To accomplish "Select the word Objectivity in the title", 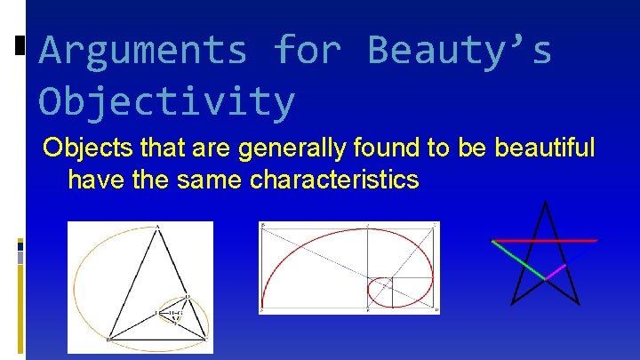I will click(166, 101).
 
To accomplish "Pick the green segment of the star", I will click(521, 260).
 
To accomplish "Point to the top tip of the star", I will click(545, 204).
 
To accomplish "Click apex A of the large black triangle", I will click(158, 228).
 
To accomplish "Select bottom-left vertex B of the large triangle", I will click(108, 339).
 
